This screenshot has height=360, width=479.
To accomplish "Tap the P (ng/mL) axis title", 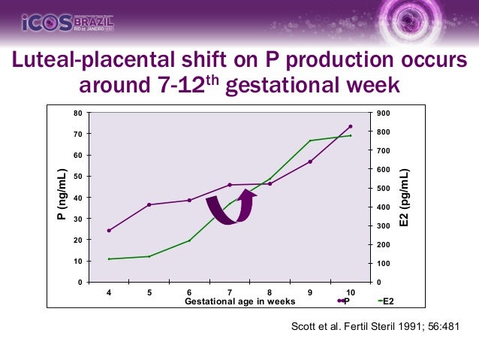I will (62, 197).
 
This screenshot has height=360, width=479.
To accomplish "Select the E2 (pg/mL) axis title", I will (405, 197).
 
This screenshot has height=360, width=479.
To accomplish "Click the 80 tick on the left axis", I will (77, 113).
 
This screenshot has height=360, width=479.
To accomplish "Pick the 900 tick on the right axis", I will (384, 113).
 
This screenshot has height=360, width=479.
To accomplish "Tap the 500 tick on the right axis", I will (384, 188).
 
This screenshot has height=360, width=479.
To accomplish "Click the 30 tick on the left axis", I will (77, 219).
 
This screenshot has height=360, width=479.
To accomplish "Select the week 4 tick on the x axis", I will (109, 292).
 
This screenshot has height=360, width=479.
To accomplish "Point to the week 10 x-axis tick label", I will (350, 292).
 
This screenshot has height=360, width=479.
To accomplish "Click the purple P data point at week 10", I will (350, 126).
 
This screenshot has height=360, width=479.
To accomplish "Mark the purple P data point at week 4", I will (109, 231).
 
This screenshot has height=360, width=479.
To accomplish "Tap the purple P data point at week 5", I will (149, 204).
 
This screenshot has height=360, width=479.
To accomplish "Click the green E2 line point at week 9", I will (310, 141).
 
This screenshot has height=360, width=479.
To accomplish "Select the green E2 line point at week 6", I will (189, 241).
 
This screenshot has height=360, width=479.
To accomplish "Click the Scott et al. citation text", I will (373, 327).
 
